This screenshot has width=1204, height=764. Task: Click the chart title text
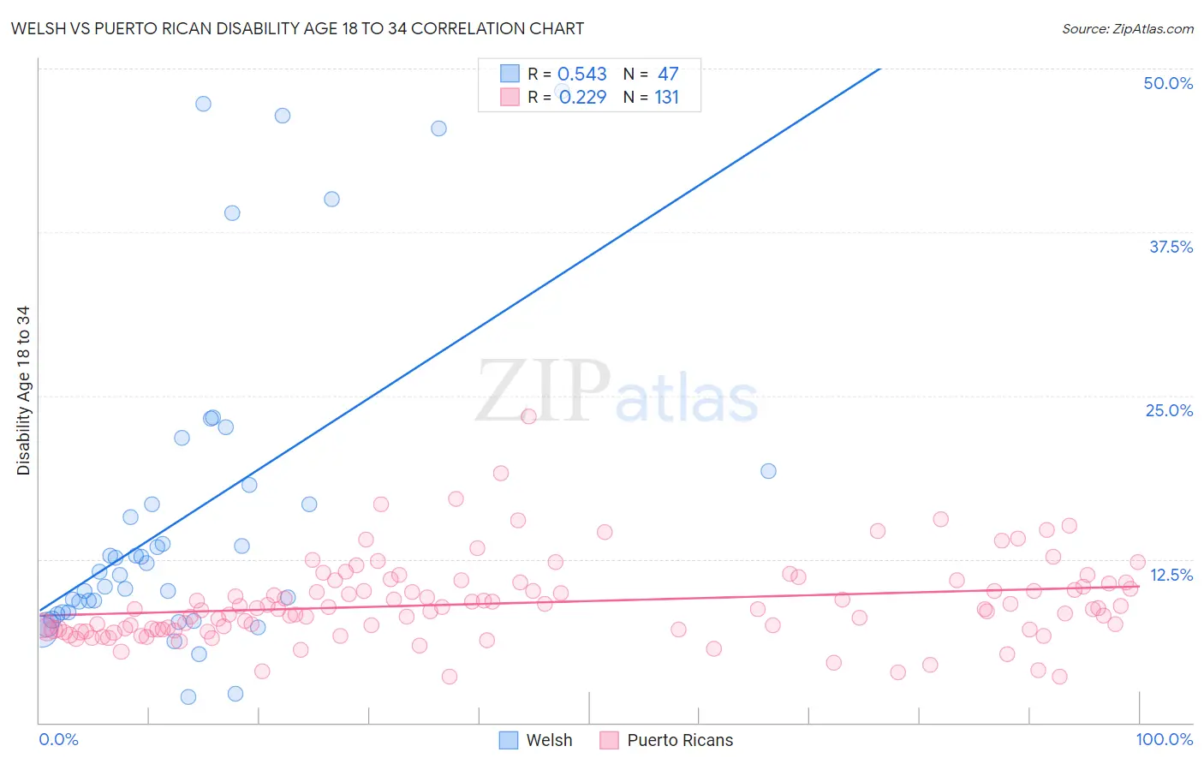point(297,28)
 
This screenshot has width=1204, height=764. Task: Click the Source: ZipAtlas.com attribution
point(1127,28)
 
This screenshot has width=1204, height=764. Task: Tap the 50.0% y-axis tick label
point(1168,83)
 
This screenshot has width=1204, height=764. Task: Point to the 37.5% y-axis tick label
point(1171,247)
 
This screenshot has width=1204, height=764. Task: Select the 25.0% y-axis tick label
point(1169,410)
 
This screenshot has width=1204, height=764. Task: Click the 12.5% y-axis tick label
point(1171,575)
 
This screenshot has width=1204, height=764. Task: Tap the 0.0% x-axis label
point(58,739)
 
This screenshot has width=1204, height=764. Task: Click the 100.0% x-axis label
point(1164,739)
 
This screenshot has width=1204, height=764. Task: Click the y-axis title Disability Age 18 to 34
point(23,391)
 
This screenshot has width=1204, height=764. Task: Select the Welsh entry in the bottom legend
point(549,740)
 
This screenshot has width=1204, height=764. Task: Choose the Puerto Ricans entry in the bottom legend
point(680,740)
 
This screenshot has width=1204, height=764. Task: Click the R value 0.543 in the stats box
point(581,75)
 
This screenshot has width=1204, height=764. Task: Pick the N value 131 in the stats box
point(666,98)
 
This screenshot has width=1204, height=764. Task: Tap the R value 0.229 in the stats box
point(582,98)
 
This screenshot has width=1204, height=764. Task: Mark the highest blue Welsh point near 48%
point(203,104)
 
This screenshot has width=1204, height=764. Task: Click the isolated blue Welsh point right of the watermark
point(768,471)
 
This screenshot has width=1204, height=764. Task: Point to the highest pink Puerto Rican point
point(528,416)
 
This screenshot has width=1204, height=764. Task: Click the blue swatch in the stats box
point(510,74)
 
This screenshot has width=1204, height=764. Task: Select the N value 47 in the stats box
point(668,75)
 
